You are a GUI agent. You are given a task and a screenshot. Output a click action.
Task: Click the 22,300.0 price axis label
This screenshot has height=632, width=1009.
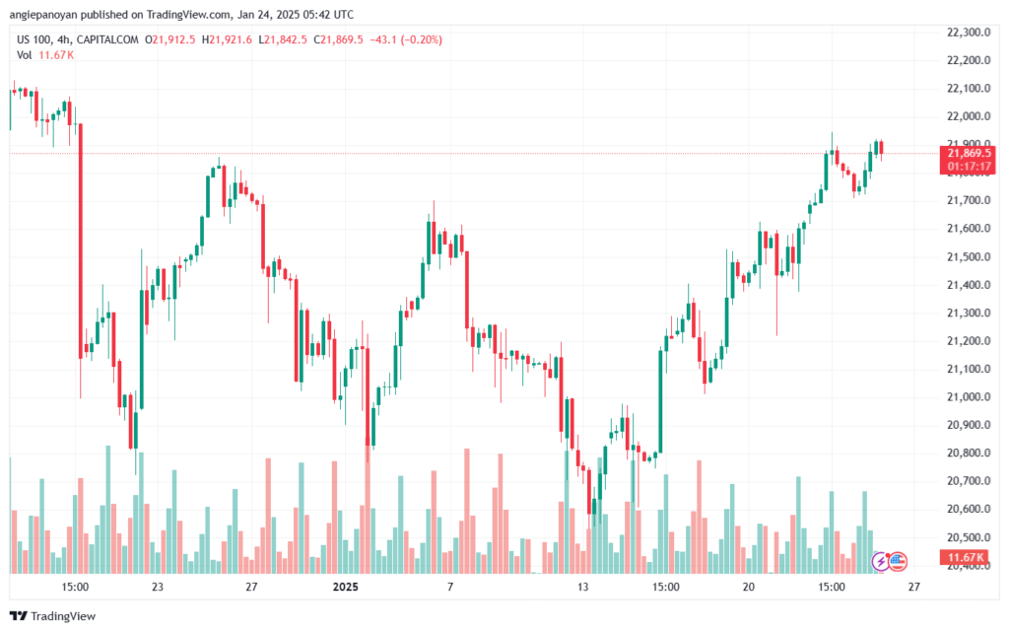[968, 33]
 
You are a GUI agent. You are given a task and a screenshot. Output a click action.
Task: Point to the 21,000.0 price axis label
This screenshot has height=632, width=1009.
[968, 397]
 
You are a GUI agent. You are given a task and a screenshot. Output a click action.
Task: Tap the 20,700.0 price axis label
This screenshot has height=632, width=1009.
[968, 481]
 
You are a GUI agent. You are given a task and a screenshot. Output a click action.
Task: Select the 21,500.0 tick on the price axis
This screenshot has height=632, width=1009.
[968, 257]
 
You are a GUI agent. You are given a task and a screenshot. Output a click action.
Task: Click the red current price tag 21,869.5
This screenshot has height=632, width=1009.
[970, 153]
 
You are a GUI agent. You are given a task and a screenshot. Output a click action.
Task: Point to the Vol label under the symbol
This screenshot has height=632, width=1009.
[24, 55]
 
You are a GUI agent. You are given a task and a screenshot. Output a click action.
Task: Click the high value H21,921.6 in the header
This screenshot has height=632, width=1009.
[225, 39]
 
